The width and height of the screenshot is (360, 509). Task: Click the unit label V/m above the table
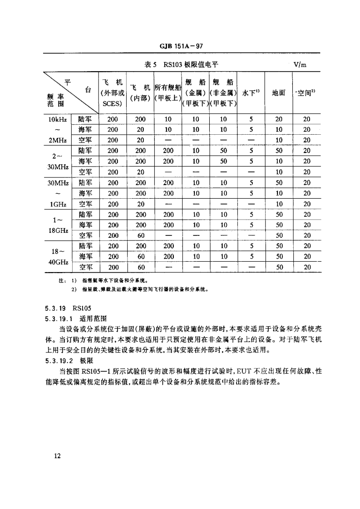point(300,64)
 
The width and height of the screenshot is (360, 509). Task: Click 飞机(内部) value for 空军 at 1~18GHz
point(141,235)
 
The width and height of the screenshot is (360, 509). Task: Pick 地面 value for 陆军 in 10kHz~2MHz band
point(278,119)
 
